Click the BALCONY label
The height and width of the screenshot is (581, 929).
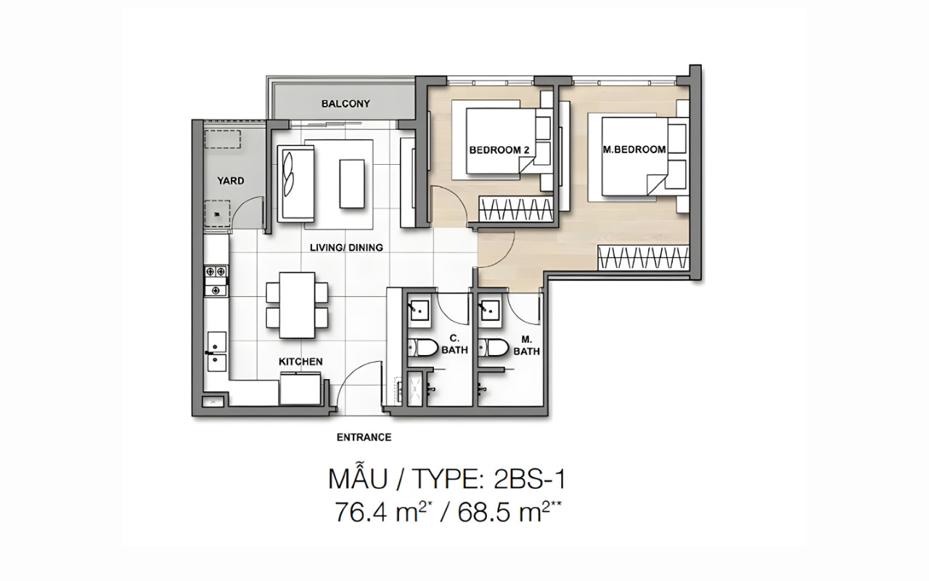[x=345, y=103]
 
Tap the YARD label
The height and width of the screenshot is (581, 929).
[x=231, y=181]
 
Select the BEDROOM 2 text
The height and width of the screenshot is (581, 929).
[x=499, y=150]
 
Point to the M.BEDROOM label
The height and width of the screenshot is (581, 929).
[x=634, y=150]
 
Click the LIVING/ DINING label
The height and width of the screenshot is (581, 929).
[x=346, y=248]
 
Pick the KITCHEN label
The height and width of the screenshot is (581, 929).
[x=300, y=362]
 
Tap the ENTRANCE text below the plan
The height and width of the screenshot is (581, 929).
[x=364, y=437]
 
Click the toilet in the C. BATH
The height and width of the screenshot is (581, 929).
[x=422, y=348]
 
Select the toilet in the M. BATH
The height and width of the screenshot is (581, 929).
[x=493, y=348]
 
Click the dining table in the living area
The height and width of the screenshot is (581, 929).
[x=297, y=305]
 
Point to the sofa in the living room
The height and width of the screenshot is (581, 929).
[x=295, y=184]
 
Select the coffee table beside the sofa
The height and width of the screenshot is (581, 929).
[x=352, y=184]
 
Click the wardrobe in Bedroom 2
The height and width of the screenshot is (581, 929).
[x=516, y=208]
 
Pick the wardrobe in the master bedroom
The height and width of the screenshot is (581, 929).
[x=643, y=258]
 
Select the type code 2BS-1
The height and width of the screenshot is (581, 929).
[x=530, y=479]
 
